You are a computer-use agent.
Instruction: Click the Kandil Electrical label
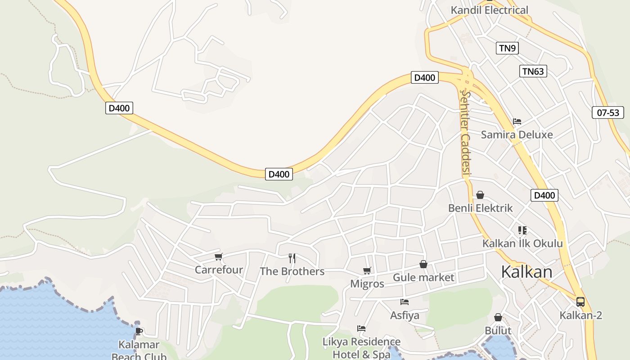[x=490, y=10]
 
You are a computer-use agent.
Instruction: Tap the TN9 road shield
[x=507, y=48]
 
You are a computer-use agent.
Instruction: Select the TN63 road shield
[x=533, y=71]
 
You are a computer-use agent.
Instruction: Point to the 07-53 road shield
[x=607, y=112]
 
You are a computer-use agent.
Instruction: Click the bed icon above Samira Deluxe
[x=517, y=121]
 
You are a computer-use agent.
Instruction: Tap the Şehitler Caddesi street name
[x=465, y=133]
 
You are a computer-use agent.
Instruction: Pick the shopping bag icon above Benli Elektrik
[x=480, y=195]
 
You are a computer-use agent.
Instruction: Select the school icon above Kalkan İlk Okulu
[x=522, y=230]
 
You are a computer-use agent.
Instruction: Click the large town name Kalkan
[x=526, y=272]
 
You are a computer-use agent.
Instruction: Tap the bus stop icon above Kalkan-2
[x=580, y=302]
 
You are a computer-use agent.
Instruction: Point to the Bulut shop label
[x=498, y=331]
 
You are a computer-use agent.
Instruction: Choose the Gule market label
[x=423, y=278]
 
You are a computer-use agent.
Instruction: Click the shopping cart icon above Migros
[x=367, y=271]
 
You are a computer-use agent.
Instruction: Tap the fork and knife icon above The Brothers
[x=292, y=258]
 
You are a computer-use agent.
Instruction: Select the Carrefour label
[x=219, y=270]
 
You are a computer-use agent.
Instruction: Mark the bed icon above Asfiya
[x=405, y=302]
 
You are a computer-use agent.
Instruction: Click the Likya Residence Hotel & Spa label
[x=361, y=348]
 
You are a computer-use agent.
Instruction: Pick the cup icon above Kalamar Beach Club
[x=139, y=332]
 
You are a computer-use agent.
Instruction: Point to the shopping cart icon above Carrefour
[x=219, y=257]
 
